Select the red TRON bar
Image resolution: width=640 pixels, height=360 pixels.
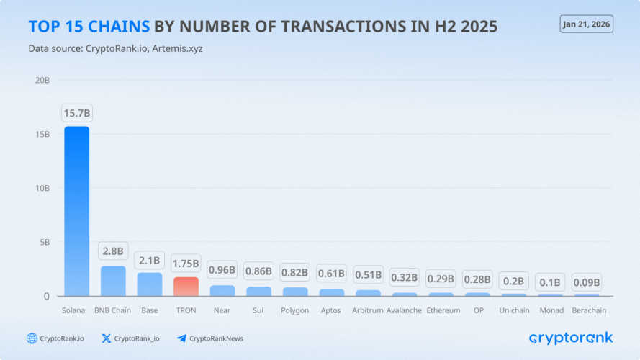tap(186, 286)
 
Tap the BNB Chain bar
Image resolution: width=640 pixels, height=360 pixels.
tap(112, 281)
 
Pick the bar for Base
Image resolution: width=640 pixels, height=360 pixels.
tap(149, 284)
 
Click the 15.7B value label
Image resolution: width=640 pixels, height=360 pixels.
tap(76, 113)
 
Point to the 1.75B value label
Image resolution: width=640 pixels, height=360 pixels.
tap(186, 264)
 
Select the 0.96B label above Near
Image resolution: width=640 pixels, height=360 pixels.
tap(222, 271)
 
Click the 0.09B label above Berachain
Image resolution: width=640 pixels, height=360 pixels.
tap(587, 282)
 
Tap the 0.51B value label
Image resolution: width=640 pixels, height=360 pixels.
tap(368, 274)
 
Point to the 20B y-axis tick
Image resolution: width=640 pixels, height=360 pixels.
tap(42, 80)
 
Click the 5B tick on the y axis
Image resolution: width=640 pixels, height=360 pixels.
tap(45, 242)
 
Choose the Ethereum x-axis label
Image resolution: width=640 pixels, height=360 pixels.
tap(443, 310)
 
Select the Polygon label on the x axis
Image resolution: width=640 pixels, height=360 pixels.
tap(295, 310)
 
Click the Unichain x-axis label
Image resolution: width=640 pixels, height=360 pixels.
tap(514, 310)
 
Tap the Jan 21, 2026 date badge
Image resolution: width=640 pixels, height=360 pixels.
tap(586, 24)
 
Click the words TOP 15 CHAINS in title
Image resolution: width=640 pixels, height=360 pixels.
tap(89, 27)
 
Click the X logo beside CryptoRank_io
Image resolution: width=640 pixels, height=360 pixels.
tap(107, 338)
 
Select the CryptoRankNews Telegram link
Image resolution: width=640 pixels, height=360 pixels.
tap(209, 338)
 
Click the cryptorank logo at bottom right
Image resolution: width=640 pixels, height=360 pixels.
tap(570, 338)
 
